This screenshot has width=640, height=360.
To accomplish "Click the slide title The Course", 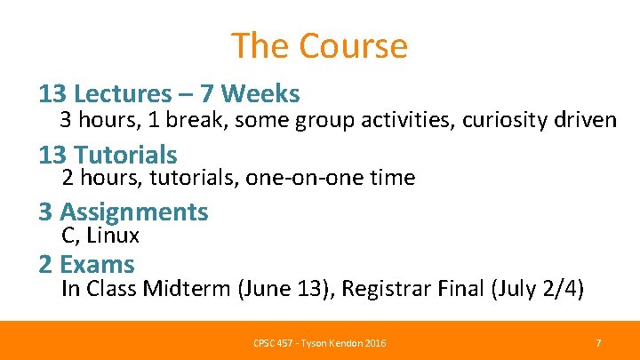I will (x=319, y=45).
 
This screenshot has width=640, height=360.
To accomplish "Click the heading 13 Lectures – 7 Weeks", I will (x=169, y=92).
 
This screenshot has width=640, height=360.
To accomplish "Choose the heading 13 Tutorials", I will (x=108, y=155).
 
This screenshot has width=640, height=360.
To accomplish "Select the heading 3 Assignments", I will (x=123, y=212).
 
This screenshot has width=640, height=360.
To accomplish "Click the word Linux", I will (x=113, y=236).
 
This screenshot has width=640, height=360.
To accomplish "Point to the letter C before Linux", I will (x=68, y=236).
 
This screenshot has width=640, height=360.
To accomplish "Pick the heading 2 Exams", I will (x=86, y=264).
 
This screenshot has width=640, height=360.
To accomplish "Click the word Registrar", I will (x=386, y=289).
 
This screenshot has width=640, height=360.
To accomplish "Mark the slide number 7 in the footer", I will (x=598, y=342).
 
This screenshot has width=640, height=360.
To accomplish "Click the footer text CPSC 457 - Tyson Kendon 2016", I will (x=319, y=343).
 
